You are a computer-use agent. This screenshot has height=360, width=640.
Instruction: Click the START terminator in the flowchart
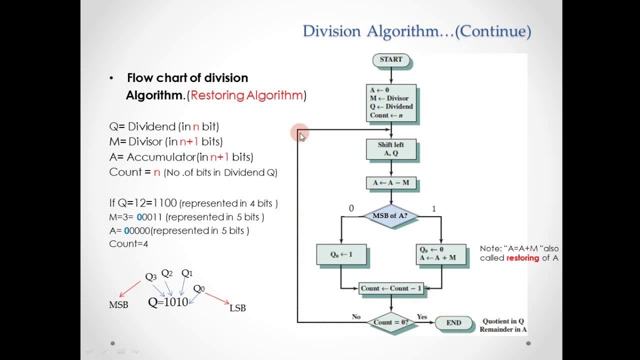(391, 59)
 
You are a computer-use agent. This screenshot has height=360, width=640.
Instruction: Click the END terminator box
(453, 322)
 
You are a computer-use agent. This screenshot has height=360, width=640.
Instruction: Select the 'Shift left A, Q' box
(391, 149)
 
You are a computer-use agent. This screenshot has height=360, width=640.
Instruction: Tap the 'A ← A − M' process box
(391, 183)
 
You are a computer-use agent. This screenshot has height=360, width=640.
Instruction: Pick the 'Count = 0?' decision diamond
(391, 322)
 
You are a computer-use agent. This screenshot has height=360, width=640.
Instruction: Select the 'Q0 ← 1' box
(341, 254)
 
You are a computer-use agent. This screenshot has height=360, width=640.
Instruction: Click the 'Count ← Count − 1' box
(391, 288)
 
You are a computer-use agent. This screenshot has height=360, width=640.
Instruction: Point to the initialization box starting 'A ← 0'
(391, 102)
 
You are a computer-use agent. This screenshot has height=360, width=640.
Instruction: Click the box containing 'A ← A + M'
(441, 254)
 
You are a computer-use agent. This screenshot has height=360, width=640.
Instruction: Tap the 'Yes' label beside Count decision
(422, 316)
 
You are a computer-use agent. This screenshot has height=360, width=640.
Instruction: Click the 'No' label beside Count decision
(356, 316)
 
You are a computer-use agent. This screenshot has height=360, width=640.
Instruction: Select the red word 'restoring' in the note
(522, 258)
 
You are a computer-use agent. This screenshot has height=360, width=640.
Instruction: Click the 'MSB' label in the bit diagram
(118, 305)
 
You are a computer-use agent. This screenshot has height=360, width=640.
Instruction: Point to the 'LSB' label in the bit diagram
(237, 308)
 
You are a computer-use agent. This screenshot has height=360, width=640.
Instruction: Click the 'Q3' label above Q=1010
(150, 276)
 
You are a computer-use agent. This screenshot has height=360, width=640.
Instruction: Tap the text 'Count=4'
(128, 244)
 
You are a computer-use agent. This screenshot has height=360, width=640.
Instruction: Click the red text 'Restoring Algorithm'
(246, 95)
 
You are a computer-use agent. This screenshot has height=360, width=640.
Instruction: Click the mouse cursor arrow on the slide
(302, 137)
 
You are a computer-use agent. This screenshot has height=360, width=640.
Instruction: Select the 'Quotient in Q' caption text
(503, 321)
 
